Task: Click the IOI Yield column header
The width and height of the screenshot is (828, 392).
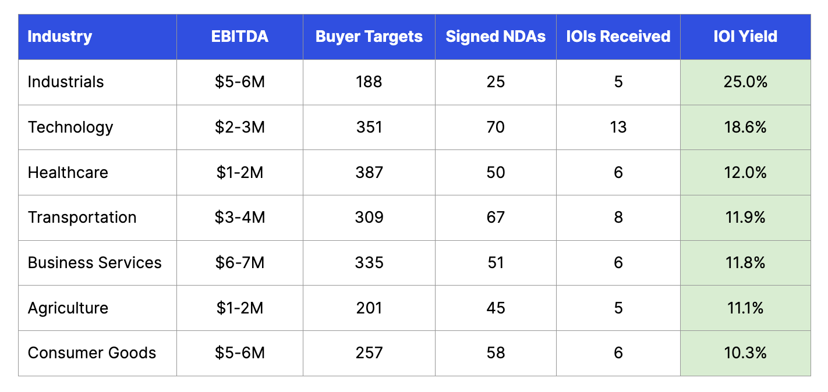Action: pyautogui.click(x=745, y=37)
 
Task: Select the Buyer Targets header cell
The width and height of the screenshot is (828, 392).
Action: pyautogui.click(x=369, y=37)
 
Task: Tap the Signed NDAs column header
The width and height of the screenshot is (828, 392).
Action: pyautogui.click(x=496, y=37)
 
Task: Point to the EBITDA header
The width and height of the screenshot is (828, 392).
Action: pyautogui.click(x=239, y=37)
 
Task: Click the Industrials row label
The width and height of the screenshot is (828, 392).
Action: pyautogui.click(x=66, y=82)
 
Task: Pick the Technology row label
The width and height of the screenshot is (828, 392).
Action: pyautogui.click(x=70, y=127)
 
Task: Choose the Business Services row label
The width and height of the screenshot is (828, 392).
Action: pyautogui.click(x=95, y=262)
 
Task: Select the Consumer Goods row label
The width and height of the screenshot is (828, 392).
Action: pyautogui.click(x=92, y=353)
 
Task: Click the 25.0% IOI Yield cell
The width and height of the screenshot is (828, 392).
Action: pyautogui.click(x=745, y=82)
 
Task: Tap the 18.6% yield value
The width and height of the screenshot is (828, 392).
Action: pyautogui.click(x=745, y=127)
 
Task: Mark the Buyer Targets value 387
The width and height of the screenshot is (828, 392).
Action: pyautogui.click(x=369, y=172)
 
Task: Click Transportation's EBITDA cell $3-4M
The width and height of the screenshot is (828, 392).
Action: pyautogui.click(x=239, y=218)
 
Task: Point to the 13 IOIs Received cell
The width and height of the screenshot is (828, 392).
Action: pyautogui.click(x=618, y=127)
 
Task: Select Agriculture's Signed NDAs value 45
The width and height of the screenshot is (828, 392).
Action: pyautogui.click(x=496, y=308)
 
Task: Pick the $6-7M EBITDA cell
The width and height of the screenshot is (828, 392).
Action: pyautogui.click(x=239, y=262)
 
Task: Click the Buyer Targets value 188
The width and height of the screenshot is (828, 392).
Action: pyautogui.click(x=369, y=82)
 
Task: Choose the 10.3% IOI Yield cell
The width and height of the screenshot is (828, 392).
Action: pyautogui.click(x=745, y=353)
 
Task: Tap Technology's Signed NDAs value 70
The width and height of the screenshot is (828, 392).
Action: pyautogui.click(x=496, y=127)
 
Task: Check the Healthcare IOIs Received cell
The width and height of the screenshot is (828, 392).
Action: pyautogui.click(x=618, y=172)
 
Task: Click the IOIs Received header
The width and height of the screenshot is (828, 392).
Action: pyautogui.click(x=618, y=37)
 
